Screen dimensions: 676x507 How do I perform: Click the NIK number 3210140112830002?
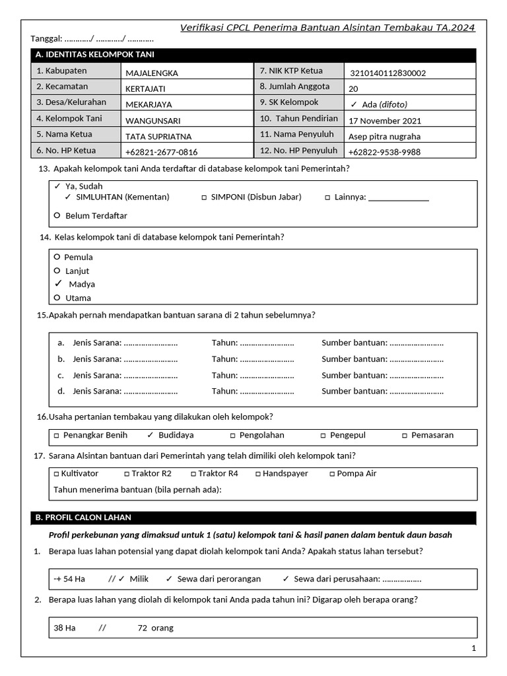click(388, 73)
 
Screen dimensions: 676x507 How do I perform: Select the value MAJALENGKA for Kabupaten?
click(152, 73)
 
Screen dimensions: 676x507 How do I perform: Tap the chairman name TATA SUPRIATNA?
click(158, 137)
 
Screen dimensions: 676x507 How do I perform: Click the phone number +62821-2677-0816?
click(161, 152)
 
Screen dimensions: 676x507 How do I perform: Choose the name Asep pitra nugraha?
click(384, 137)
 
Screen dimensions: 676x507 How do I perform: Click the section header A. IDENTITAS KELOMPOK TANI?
click(96, 55)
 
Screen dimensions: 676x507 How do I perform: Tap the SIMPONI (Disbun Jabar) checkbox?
click(204, 197)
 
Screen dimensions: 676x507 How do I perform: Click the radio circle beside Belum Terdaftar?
click(57, 215)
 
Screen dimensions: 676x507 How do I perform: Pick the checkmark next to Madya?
click(58, 283)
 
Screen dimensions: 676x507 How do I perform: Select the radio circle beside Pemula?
click(57, 257)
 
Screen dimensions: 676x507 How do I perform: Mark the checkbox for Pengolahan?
click(232, 436)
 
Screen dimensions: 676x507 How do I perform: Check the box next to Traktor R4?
click(193, 474)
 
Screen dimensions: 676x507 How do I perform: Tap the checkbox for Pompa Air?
click(332, 474)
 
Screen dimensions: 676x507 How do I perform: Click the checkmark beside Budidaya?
click(150, 435)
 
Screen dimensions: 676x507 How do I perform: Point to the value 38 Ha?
click(65, 628)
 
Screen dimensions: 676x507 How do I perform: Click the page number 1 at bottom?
click(473, 648)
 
